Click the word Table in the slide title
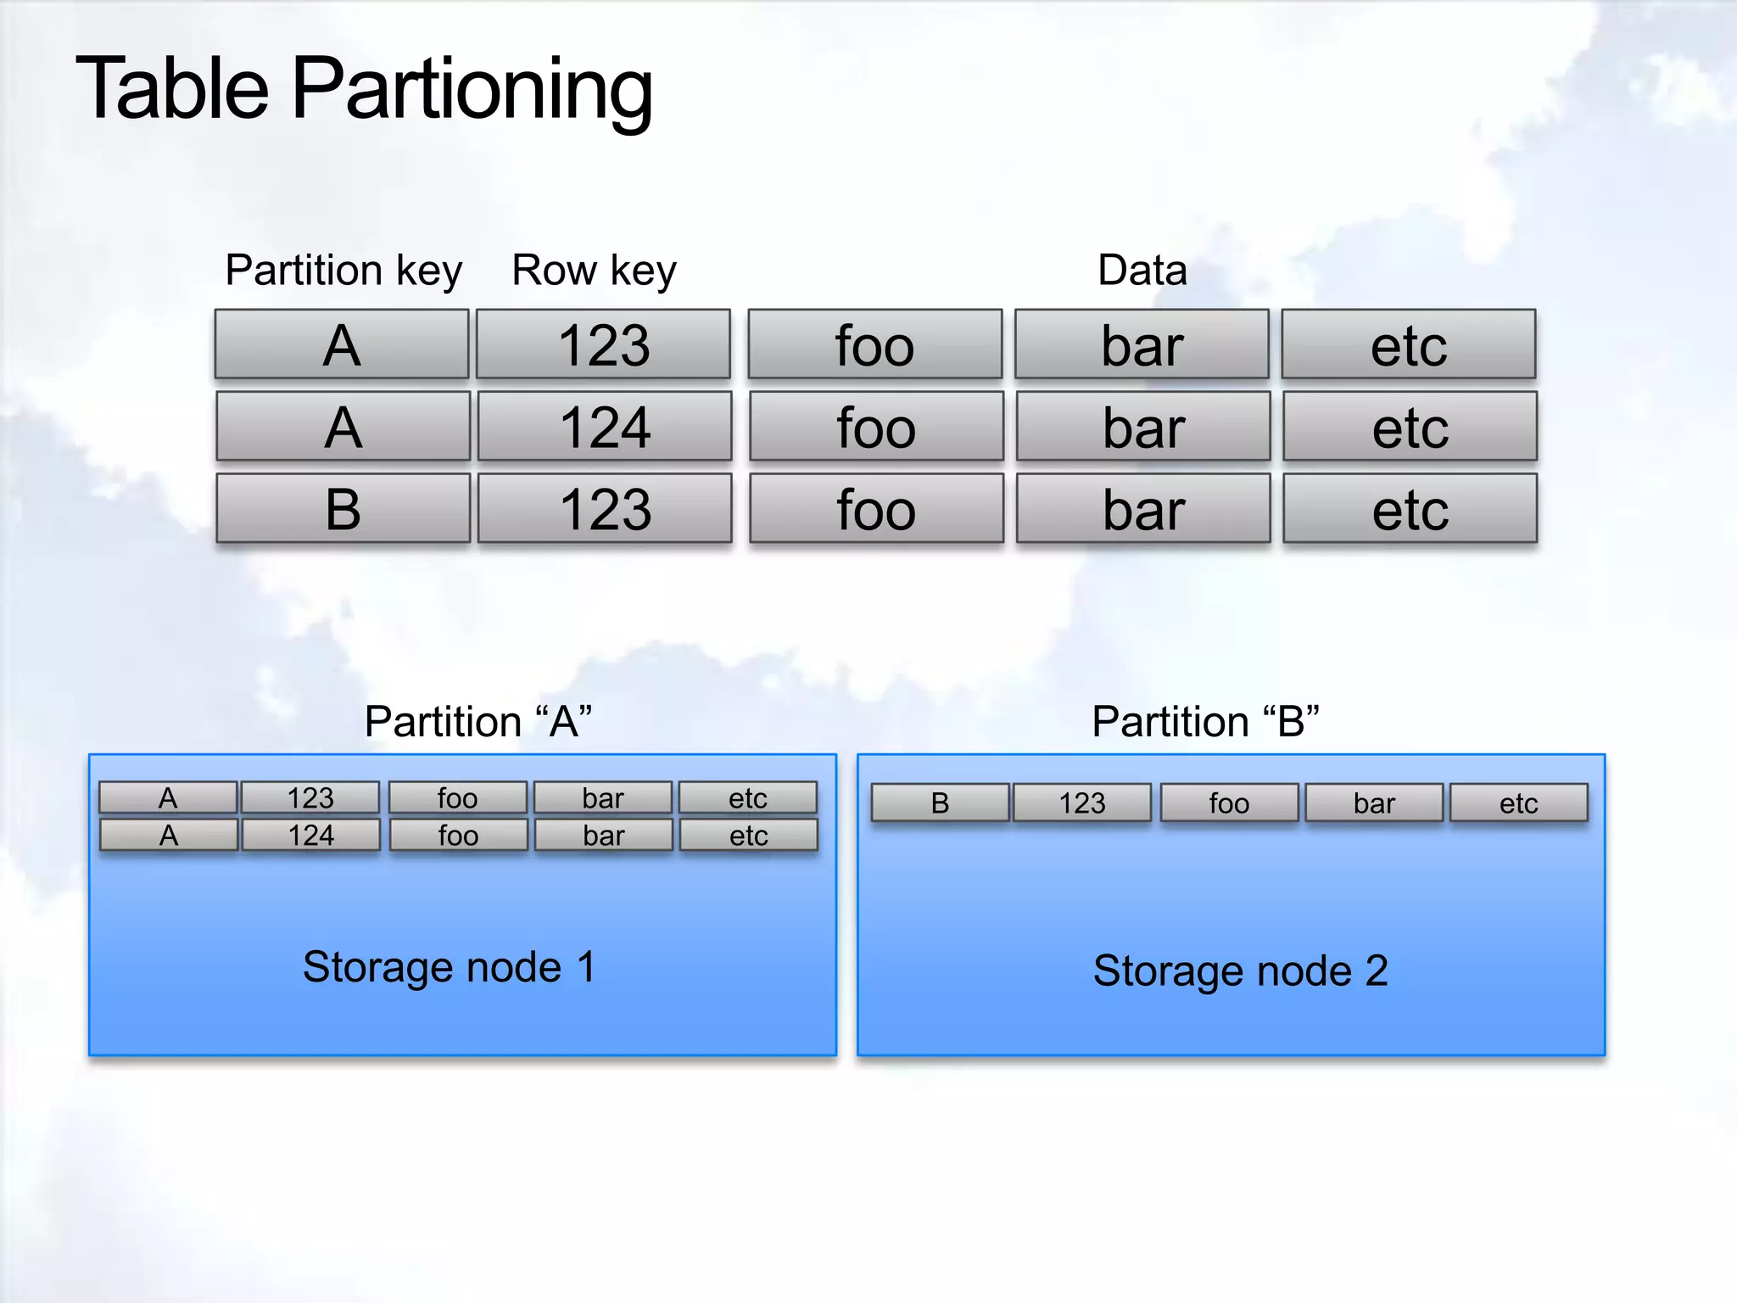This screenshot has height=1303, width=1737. point(173,88)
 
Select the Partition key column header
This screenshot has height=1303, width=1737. point(343,271)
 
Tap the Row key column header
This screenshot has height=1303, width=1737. point(594,271)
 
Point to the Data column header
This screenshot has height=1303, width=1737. point(1142,271)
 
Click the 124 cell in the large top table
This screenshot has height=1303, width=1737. point(605,427)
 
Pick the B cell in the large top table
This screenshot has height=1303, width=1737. point(343,509)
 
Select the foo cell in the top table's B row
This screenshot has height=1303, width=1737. point(876,509)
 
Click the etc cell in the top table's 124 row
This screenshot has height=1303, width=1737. point(1410,427)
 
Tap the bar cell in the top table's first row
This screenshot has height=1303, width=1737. point(1142,344)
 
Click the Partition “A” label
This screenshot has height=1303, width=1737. point(478,722)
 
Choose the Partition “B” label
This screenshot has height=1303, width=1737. point(1205,722)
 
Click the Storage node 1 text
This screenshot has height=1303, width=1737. point(449,967)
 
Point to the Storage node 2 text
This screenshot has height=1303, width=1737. point(1240,970)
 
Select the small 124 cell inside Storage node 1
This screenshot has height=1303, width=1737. point(311,836)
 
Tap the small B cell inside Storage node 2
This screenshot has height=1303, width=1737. point(940,803)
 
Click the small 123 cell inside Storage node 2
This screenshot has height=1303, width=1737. point(1082,803)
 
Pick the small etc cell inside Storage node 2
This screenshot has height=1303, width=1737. point(1518,803)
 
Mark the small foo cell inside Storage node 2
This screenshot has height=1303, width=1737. point(1229,803)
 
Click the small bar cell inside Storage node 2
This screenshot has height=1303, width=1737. point(1374,803)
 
